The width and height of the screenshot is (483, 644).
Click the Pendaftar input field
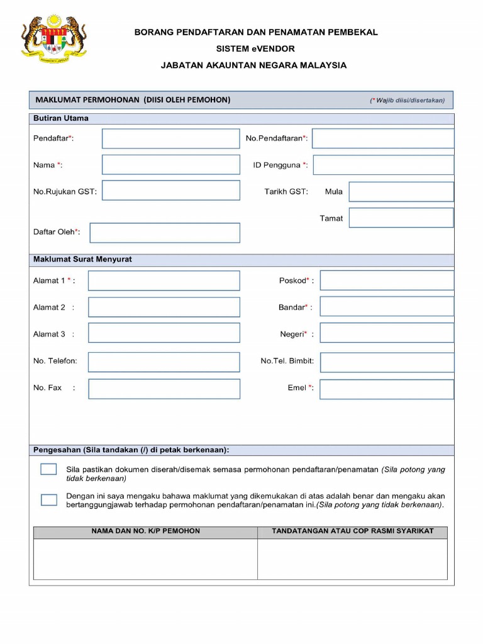[x=170, y=138]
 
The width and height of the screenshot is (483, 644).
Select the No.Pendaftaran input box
[x=382, y=138]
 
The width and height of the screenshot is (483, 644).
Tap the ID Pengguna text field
[x=383, y=165]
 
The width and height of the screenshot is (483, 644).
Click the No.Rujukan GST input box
[x=170, y=191]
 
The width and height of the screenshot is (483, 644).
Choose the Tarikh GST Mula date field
[x=401, y=192]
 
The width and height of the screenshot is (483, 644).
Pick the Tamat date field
[x=401, y=218]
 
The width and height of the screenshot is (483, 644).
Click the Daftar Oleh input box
[x=165, y=233]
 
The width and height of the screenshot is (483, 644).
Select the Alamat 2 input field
[x=164, y=307]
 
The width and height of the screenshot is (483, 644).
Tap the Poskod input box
[x=386, y=280]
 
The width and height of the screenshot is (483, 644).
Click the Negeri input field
[x=386, y=333]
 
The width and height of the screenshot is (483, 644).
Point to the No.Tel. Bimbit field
[x=386, y=362]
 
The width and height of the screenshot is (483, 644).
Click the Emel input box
[x=386, y=389]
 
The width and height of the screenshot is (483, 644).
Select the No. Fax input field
[x=164, y=389]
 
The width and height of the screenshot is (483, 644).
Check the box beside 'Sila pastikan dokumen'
[x=48, y=469]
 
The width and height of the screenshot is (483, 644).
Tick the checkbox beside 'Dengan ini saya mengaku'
[x=48, y=500]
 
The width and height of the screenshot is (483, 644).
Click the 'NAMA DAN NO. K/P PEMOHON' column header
[x=145, y=531]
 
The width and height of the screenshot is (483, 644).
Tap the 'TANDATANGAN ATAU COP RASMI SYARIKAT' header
[x=352, y=531]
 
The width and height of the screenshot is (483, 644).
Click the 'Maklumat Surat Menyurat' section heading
[x=82, y=260]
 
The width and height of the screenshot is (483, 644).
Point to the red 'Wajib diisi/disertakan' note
[x=407, y=100]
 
